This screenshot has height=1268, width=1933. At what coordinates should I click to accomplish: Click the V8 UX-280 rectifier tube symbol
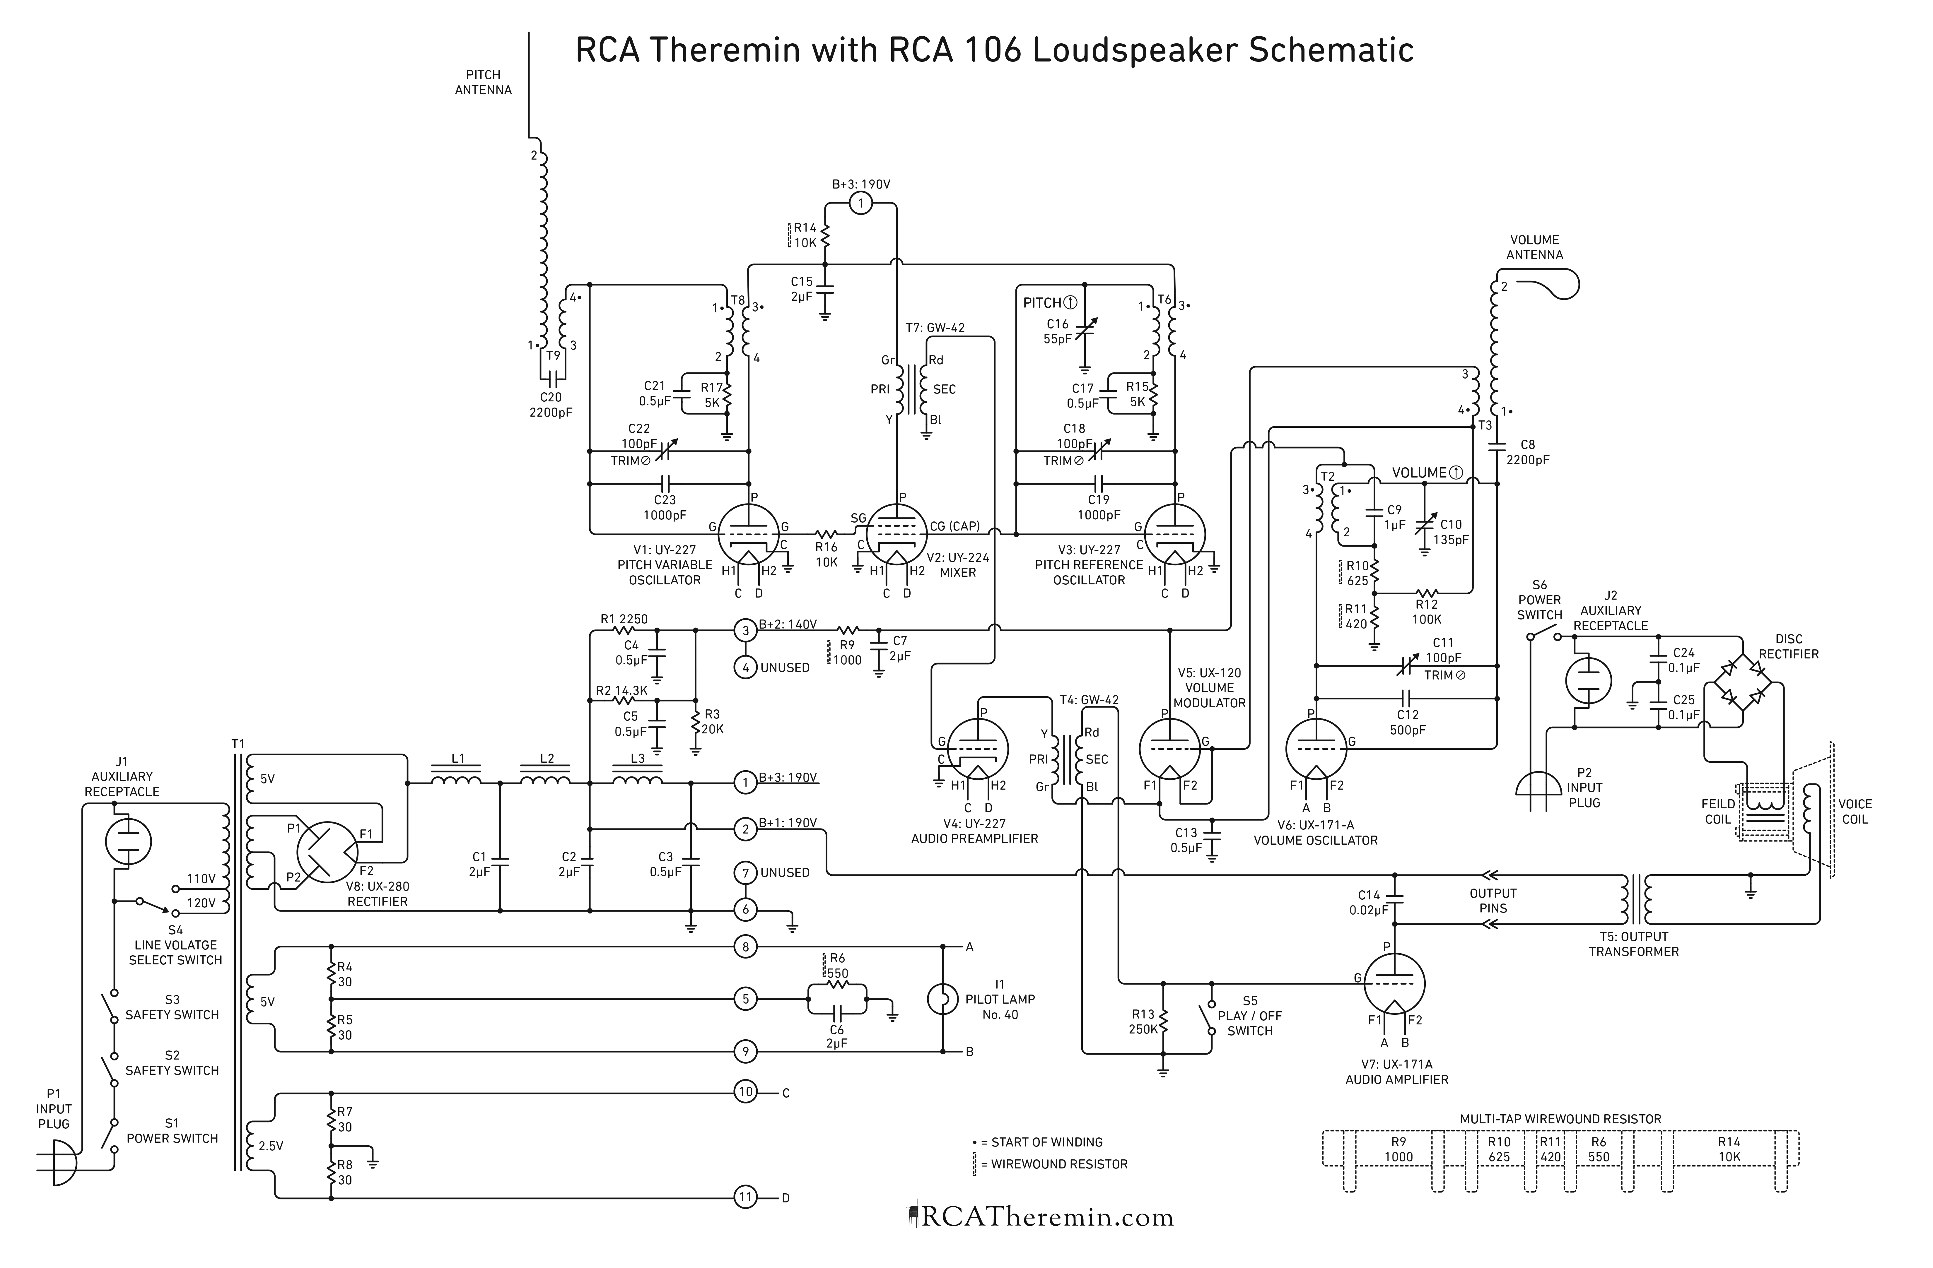[327, 852]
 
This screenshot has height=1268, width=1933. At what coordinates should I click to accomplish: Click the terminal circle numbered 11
[746, 1197]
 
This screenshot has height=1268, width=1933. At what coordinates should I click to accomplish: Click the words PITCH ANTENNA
[483, 82]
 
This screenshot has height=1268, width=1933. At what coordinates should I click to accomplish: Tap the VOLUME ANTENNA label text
[1534, 247]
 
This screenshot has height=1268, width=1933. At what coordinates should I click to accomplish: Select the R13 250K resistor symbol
[1164, 1021]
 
